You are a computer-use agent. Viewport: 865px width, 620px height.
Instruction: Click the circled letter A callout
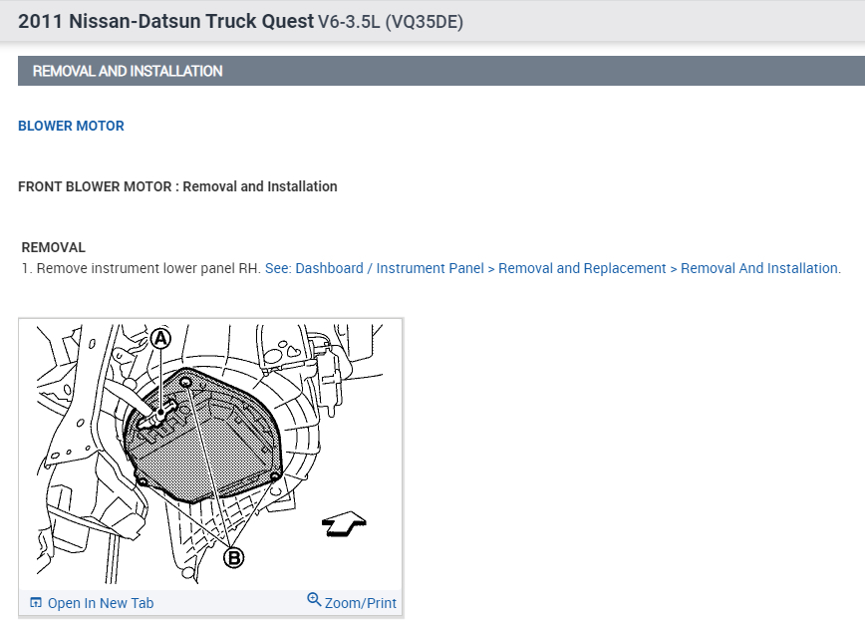[160, 338]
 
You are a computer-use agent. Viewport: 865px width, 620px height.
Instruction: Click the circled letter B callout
[234, 557]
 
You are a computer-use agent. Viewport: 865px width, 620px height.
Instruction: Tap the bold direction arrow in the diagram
[344, 523]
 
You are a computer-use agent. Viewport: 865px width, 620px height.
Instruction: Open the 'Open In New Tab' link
[101, 603]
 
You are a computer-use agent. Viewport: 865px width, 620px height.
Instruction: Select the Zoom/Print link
[360, 603]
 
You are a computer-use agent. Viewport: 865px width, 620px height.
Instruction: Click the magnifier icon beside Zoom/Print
[314, 599]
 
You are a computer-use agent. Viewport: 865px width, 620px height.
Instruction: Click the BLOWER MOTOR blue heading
[71, 126]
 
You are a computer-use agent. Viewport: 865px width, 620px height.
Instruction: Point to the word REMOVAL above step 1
[54, 247]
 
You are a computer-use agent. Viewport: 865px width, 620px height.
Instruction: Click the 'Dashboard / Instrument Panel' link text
[390, 268]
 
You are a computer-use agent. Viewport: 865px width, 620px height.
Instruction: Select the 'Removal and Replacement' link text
[582, 268]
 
